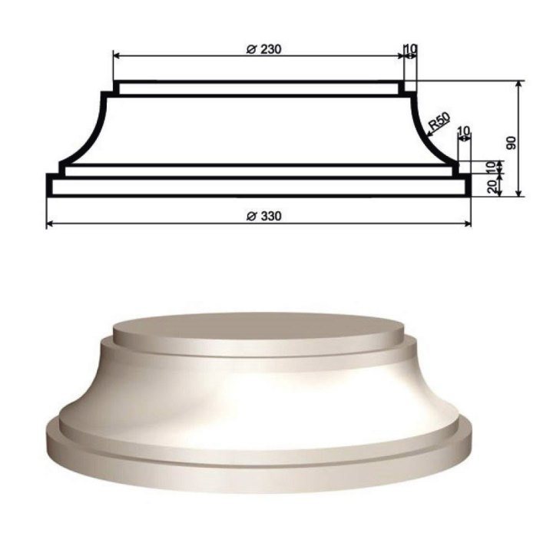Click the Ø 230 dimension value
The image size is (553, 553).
263,49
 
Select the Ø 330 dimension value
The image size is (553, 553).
263,216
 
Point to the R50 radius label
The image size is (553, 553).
439,121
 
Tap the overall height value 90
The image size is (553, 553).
511,143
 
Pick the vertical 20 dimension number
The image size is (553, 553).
492,185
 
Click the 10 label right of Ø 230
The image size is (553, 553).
410,48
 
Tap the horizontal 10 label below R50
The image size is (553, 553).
464,131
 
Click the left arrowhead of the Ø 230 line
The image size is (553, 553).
117,56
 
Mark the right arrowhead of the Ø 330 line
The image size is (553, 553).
468,224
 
